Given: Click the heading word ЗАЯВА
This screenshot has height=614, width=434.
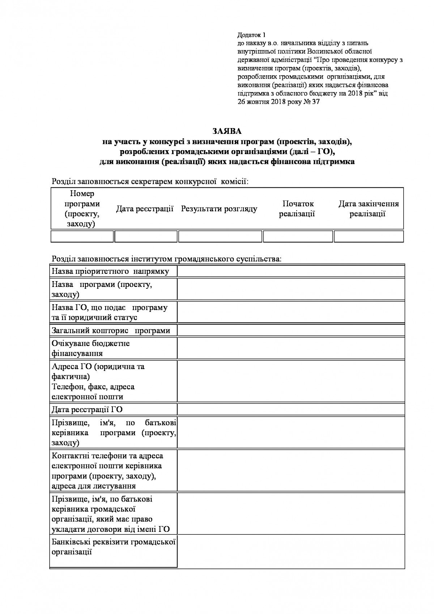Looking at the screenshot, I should click(x=227, y=131).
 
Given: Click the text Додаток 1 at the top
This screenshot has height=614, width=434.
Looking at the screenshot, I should click(x=251, y=35).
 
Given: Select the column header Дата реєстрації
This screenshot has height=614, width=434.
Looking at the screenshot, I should click(x=145, y=209).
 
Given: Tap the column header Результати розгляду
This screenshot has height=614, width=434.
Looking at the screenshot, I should click(x=219, y=209).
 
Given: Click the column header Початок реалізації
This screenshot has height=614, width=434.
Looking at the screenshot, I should click(x=297, y=209).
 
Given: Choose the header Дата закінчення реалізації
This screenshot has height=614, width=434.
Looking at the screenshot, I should click(x=368, y=209).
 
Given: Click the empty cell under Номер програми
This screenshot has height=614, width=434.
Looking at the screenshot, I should click(x=82, y=236).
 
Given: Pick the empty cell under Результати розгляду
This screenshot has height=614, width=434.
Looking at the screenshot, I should click(x=220, y=236).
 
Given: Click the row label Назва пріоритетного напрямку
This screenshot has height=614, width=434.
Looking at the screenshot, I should click(x=110, y=271).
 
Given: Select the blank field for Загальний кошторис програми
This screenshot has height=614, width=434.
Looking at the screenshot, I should click(x=290, y=330).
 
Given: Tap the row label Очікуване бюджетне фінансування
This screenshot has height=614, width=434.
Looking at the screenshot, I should click(x=91, y=348).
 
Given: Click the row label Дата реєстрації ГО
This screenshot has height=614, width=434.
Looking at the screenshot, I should click(x=87, y=409).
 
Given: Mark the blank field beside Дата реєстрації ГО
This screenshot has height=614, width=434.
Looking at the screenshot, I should click(x=290, y=409).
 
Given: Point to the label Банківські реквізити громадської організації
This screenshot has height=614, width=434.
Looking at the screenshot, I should click(x=114, y=547).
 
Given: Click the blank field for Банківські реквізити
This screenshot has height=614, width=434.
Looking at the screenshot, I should click(x=290, y=552).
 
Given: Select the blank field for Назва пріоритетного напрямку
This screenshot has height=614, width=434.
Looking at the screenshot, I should click(x=290, y=271).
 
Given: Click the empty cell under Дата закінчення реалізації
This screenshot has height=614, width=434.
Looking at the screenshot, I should click(x=368, y=236).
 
